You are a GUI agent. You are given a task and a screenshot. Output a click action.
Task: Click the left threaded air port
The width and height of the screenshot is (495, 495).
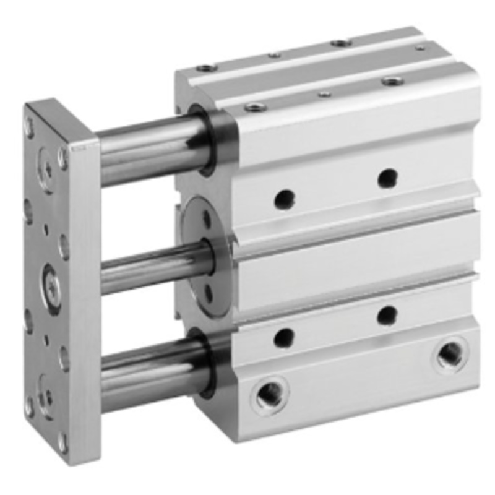pyautogui.click(x=270, y=394)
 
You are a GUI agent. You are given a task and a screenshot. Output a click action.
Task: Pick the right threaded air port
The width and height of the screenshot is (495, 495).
pyautogui.click(x=449, y=354)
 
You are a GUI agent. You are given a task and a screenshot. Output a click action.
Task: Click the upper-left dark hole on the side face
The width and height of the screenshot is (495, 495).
pyautogui.click(x=284, y=199)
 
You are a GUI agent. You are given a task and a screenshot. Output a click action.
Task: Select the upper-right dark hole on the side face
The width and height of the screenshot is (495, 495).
pyautogui.click(x=388, y=179)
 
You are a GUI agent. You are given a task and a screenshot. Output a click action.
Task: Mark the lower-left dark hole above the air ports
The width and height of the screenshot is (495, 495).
pyautogui.click(x=284, y=338)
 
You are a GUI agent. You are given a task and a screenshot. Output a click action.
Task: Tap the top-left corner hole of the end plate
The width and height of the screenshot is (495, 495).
pyautogui.click(x=28, y=127)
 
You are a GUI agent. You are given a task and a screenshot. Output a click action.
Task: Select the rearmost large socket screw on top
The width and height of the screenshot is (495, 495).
pyautogui.click(x=341, y=43)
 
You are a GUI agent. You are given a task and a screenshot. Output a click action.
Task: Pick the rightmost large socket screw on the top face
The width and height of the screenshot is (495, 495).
pyautogui.click(x=392, y=80)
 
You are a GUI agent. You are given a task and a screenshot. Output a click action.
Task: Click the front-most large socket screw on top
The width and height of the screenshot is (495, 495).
pyautogui.click(x=254, y=107)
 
